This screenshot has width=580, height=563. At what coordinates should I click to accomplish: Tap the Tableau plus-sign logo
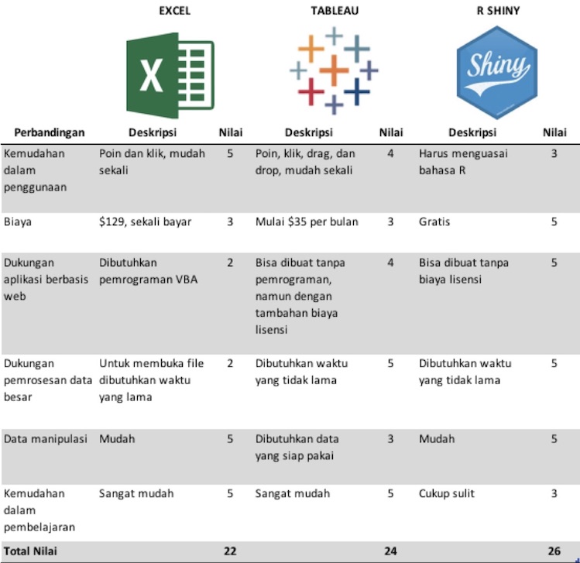(x=334, y=70)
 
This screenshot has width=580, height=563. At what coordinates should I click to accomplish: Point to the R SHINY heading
(x=498, y=11)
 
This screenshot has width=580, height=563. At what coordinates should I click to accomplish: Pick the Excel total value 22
(x=229, y=551)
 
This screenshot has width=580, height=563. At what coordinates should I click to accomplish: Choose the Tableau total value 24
(x=390, y=551)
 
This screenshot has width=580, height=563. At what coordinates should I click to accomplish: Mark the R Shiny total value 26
(x=554, y=551)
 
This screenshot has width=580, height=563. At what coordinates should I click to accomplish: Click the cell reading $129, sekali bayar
(x=145, y=222)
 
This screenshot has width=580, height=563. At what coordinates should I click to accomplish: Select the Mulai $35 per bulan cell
(x=307, y=222)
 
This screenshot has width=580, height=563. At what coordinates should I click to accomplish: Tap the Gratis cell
(x=434, y=222)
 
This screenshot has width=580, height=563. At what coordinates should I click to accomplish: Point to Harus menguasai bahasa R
(x=463, y=161)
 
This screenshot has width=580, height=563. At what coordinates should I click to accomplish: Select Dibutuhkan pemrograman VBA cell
(x=148, y=271)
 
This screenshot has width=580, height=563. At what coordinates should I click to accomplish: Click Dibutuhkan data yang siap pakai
(x=297, y=447)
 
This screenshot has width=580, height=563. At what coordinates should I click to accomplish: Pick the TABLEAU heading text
(x=335, y=11)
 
